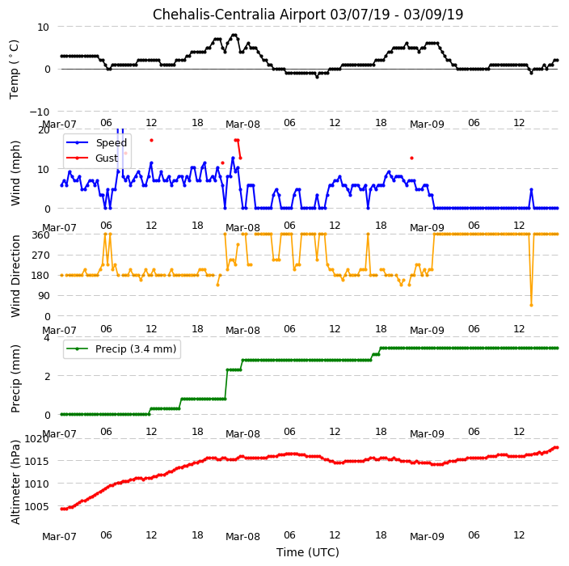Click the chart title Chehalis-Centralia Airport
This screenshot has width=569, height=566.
click(239, 15)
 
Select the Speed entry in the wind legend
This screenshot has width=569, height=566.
click(111, 142)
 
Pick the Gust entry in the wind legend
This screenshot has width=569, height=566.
click(107, 158)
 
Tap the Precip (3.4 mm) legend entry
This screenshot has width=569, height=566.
click(136, 348)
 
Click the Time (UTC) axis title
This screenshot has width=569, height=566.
click(308, 552)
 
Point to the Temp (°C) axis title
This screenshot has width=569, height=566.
click(15, 70)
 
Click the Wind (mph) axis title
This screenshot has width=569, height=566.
click(15, 174)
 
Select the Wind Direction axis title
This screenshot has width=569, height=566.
click(15, 276)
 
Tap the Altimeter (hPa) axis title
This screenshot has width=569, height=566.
click(15, 482)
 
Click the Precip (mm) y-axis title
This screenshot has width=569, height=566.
click(15, 378)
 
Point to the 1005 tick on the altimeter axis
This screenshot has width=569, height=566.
click(36, 506)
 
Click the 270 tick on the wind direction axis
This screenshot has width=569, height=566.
click(40, 256)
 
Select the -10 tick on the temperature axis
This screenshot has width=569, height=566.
click(39, 112)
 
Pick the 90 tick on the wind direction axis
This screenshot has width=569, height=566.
click(44, 296)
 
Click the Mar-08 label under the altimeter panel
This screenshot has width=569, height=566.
click(242, 537)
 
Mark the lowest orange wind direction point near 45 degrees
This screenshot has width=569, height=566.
click(531, 305)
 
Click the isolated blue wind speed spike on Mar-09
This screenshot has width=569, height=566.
click(531, 189)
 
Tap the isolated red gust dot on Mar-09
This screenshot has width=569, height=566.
click(411, 158)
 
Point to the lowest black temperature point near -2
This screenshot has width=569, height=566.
click(317, 77)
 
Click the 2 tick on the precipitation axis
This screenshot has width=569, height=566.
click(47, 376)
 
